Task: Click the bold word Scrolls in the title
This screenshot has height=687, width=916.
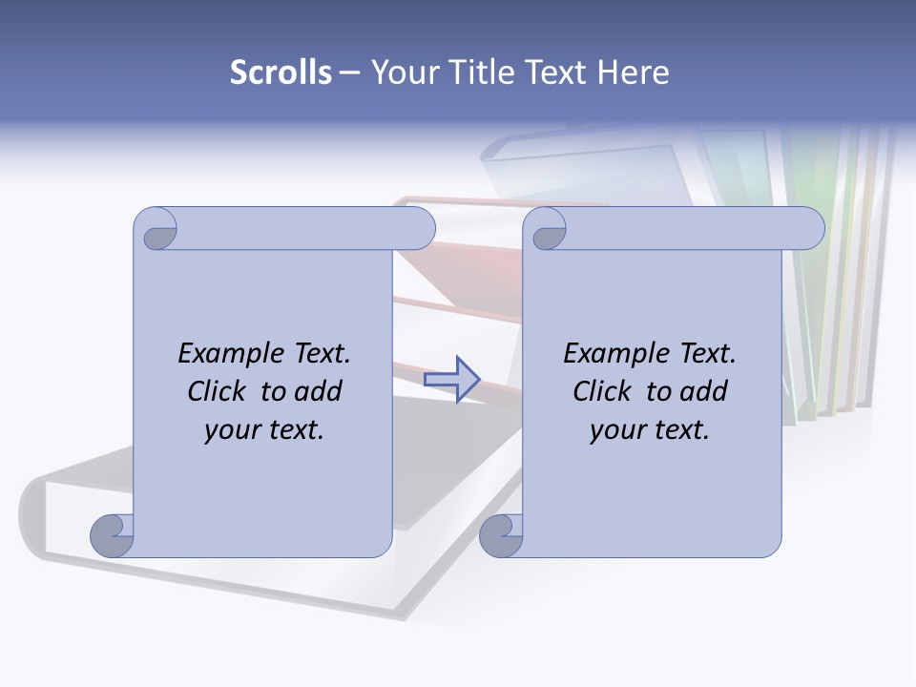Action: pos(281,73)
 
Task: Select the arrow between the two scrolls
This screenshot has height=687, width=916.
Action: pos(451,379)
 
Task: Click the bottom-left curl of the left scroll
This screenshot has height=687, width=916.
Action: pos(112,535)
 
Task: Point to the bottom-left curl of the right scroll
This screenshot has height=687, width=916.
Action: pos(501,535)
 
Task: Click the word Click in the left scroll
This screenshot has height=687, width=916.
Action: pos(219,392)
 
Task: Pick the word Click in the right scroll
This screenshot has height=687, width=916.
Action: pos(602,392)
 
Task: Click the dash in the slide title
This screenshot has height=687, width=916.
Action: pos(350,73)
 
